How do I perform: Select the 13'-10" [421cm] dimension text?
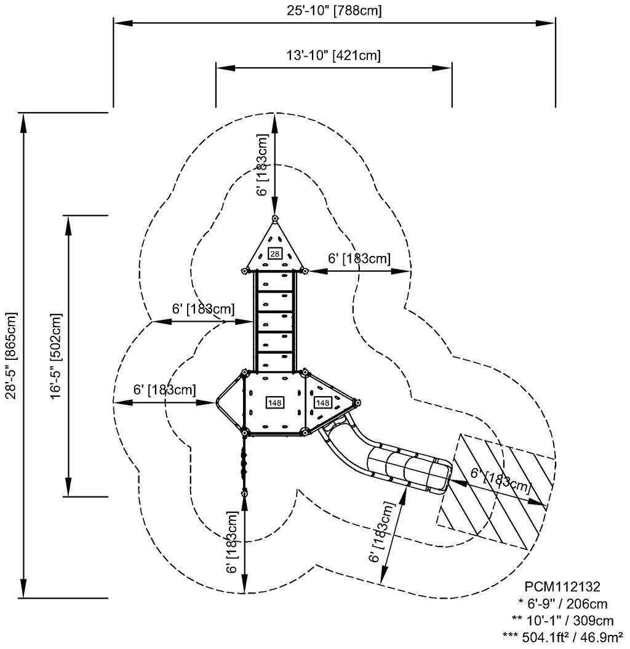(x=333, y=55)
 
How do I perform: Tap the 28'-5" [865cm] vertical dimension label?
(x=10, y=356)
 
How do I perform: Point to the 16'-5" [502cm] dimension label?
(x=56, y=356)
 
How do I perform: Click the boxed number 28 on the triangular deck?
(x=274, y=253)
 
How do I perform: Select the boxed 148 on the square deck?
(x=274, y=402)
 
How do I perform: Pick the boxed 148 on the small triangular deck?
(x=322, y=402)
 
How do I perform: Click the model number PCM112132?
(x=562, y=587)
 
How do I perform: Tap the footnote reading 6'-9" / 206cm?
(x=563, y=603)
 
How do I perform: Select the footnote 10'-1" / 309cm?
(x=563, y=620)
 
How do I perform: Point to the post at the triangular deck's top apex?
(x=274, y=218)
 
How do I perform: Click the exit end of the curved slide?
(x=444, y=476)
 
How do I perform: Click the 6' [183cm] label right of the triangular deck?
(x=359, y=259)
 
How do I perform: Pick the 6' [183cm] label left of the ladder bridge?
(x=203, y=308)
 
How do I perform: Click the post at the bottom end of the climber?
(x=245, y=492)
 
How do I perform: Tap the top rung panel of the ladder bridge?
(x=275, y=280)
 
